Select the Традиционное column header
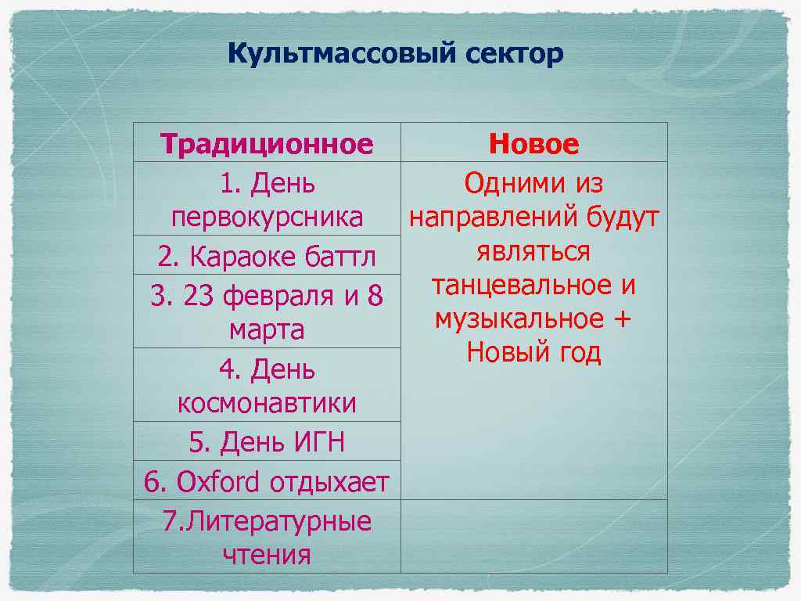[267, 144]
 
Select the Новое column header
[533, 144]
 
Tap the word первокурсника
[267, 217]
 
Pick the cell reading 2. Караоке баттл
[267, 256]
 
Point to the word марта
[267, 329]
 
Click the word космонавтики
[267, 403]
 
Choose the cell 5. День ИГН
[267, 442]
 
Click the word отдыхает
[329, 481]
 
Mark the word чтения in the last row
[267, 555]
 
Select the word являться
[533, 251]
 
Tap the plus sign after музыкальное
[623, 319]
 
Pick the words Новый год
[533, 353]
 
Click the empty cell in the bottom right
[533, 536]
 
